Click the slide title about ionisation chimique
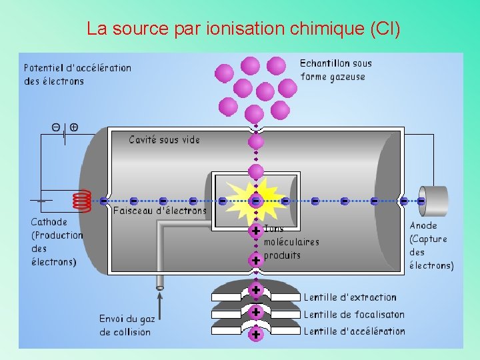(x=243, y=29)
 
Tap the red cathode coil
(x=81, y=199)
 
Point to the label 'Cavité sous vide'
(x=164, y=140)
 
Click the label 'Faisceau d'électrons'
(x=160, y=211)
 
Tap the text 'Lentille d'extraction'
(x=350, y=297)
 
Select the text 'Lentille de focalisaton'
(x=354, y=314)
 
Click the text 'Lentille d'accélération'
(x=354, y=331)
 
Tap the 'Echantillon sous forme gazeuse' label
(x=335, y=70)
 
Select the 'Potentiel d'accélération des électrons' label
(x=77, y=74)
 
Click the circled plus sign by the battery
(x=73, y=127)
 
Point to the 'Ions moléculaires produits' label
(x=291, y=242)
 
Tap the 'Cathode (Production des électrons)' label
(x=57, y=241)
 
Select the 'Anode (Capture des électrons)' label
(x=431, y=245)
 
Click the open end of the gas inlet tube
(x=160, y=288)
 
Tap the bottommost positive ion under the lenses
(x=255, y=335)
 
